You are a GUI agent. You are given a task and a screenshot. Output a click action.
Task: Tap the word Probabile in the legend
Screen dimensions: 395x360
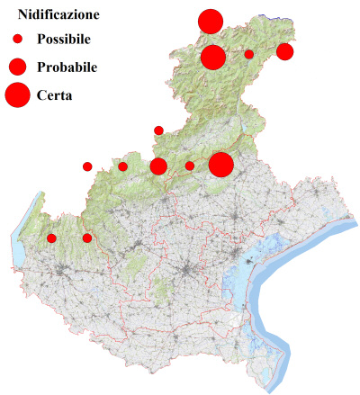(x=67, y=67)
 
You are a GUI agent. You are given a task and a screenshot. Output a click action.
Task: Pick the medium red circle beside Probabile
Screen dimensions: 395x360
(x=17, y=67)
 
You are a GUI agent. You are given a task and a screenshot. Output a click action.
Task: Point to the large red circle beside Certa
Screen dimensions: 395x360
(x=17, y=94)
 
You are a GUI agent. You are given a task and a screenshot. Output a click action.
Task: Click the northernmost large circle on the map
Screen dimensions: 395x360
(x=211, y=22)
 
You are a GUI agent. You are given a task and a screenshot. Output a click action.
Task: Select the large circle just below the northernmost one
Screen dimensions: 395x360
(x=213, y=58)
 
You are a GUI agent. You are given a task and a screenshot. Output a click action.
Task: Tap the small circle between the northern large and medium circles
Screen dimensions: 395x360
(x=249, y=54)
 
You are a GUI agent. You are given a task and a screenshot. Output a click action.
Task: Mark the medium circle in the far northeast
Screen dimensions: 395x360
(x=284, y=51)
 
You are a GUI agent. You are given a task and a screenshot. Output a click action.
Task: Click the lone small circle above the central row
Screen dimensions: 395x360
(x=158, y=130)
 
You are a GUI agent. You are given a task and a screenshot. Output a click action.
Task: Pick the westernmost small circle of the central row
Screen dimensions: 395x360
(x=87, y=166)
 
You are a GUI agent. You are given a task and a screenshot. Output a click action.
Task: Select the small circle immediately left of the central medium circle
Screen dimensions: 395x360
(x=123, y=166)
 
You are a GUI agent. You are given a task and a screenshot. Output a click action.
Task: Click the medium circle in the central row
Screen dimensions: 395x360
(x=158, y=166)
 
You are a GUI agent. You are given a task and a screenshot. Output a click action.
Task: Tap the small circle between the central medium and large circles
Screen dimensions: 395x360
(x=189, y=166)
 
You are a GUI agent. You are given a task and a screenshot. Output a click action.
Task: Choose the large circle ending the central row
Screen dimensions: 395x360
(x=221, y=165)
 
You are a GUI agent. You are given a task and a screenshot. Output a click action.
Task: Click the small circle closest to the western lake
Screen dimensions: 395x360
(x=51, y=238)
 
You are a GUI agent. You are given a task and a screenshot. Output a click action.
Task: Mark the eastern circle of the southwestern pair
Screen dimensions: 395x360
(x=87, y=238)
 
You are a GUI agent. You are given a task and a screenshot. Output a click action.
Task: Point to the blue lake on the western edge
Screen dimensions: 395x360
(x=17, y=252)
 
